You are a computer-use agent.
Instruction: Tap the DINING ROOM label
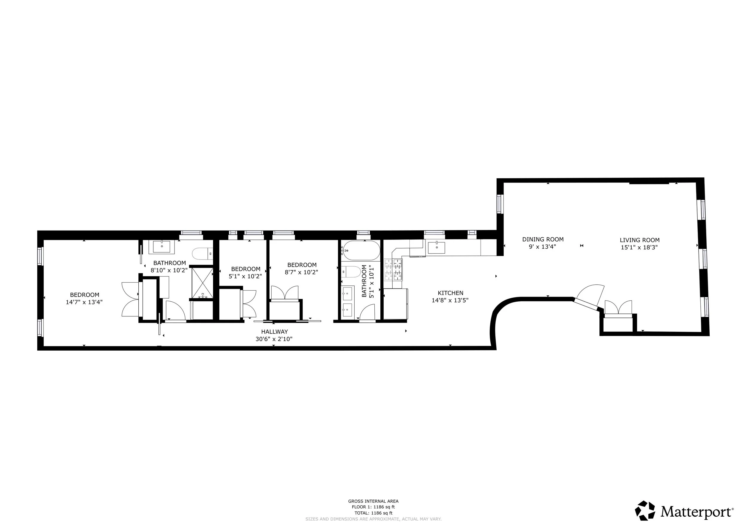coord(543,239)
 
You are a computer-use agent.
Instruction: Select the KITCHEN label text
coord(450,293)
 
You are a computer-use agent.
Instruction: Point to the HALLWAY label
coord(274,331)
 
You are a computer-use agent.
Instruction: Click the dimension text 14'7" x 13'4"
coord(84,302)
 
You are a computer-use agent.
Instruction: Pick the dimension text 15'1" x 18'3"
coord(639,247)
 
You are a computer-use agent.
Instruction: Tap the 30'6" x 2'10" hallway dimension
coord(274,339)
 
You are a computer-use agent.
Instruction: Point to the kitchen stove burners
coord(393,270)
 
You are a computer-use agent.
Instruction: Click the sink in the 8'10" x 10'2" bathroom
coord(162,247)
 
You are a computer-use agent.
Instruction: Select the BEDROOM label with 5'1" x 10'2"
coord(246,269)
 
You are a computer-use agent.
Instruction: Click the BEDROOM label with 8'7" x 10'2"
coord(301,265)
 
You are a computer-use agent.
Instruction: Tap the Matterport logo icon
coord(645,510)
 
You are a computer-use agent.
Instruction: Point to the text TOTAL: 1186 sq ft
coord(373,513)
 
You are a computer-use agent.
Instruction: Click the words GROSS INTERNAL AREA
coord(373,501)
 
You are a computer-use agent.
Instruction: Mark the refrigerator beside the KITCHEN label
coord(395,304)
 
